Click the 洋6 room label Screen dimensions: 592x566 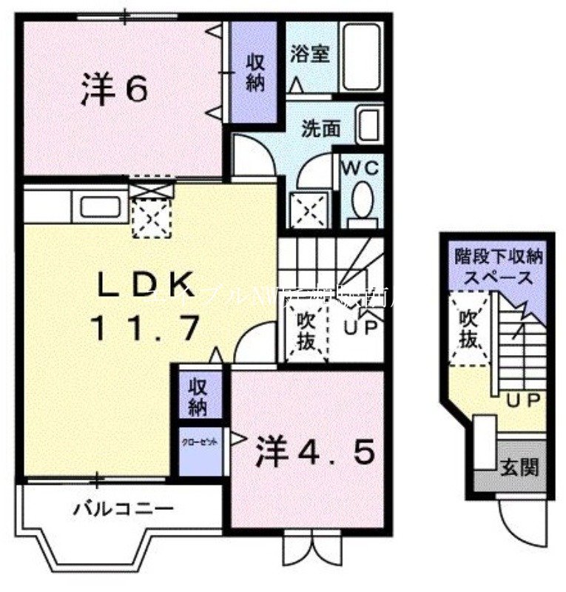pyautogui.click(x=114, y=90)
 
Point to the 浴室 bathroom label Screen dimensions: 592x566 pyautogui.click(x=309, y=54)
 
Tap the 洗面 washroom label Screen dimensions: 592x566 pyautogui.click(x=320, y=129)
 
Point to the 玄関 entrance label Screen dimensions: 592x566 pyautogui.click(x=521, y=468)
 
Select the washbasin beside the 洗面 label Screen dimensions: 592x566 pyautogui.click(x=368, y=125)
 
